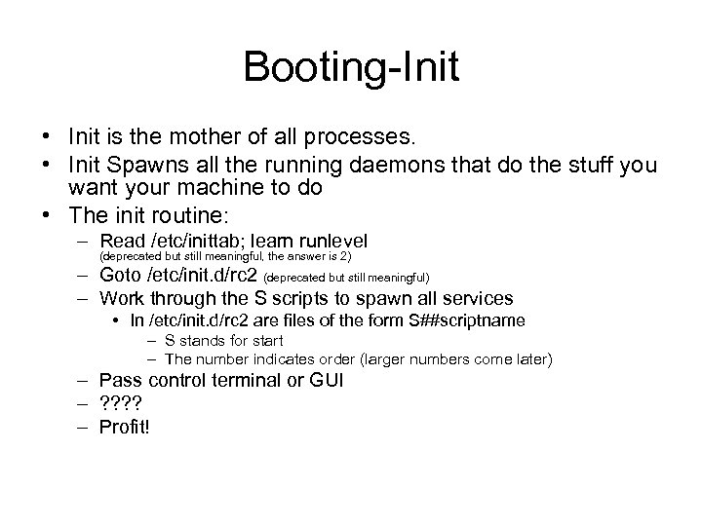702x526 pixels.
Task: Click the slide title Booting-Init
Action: [x=351, y=68]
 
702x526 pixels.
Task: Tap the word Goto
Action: [x=121, y=278]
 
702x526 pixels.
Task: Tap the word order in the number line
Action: [x=343, y=359]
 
